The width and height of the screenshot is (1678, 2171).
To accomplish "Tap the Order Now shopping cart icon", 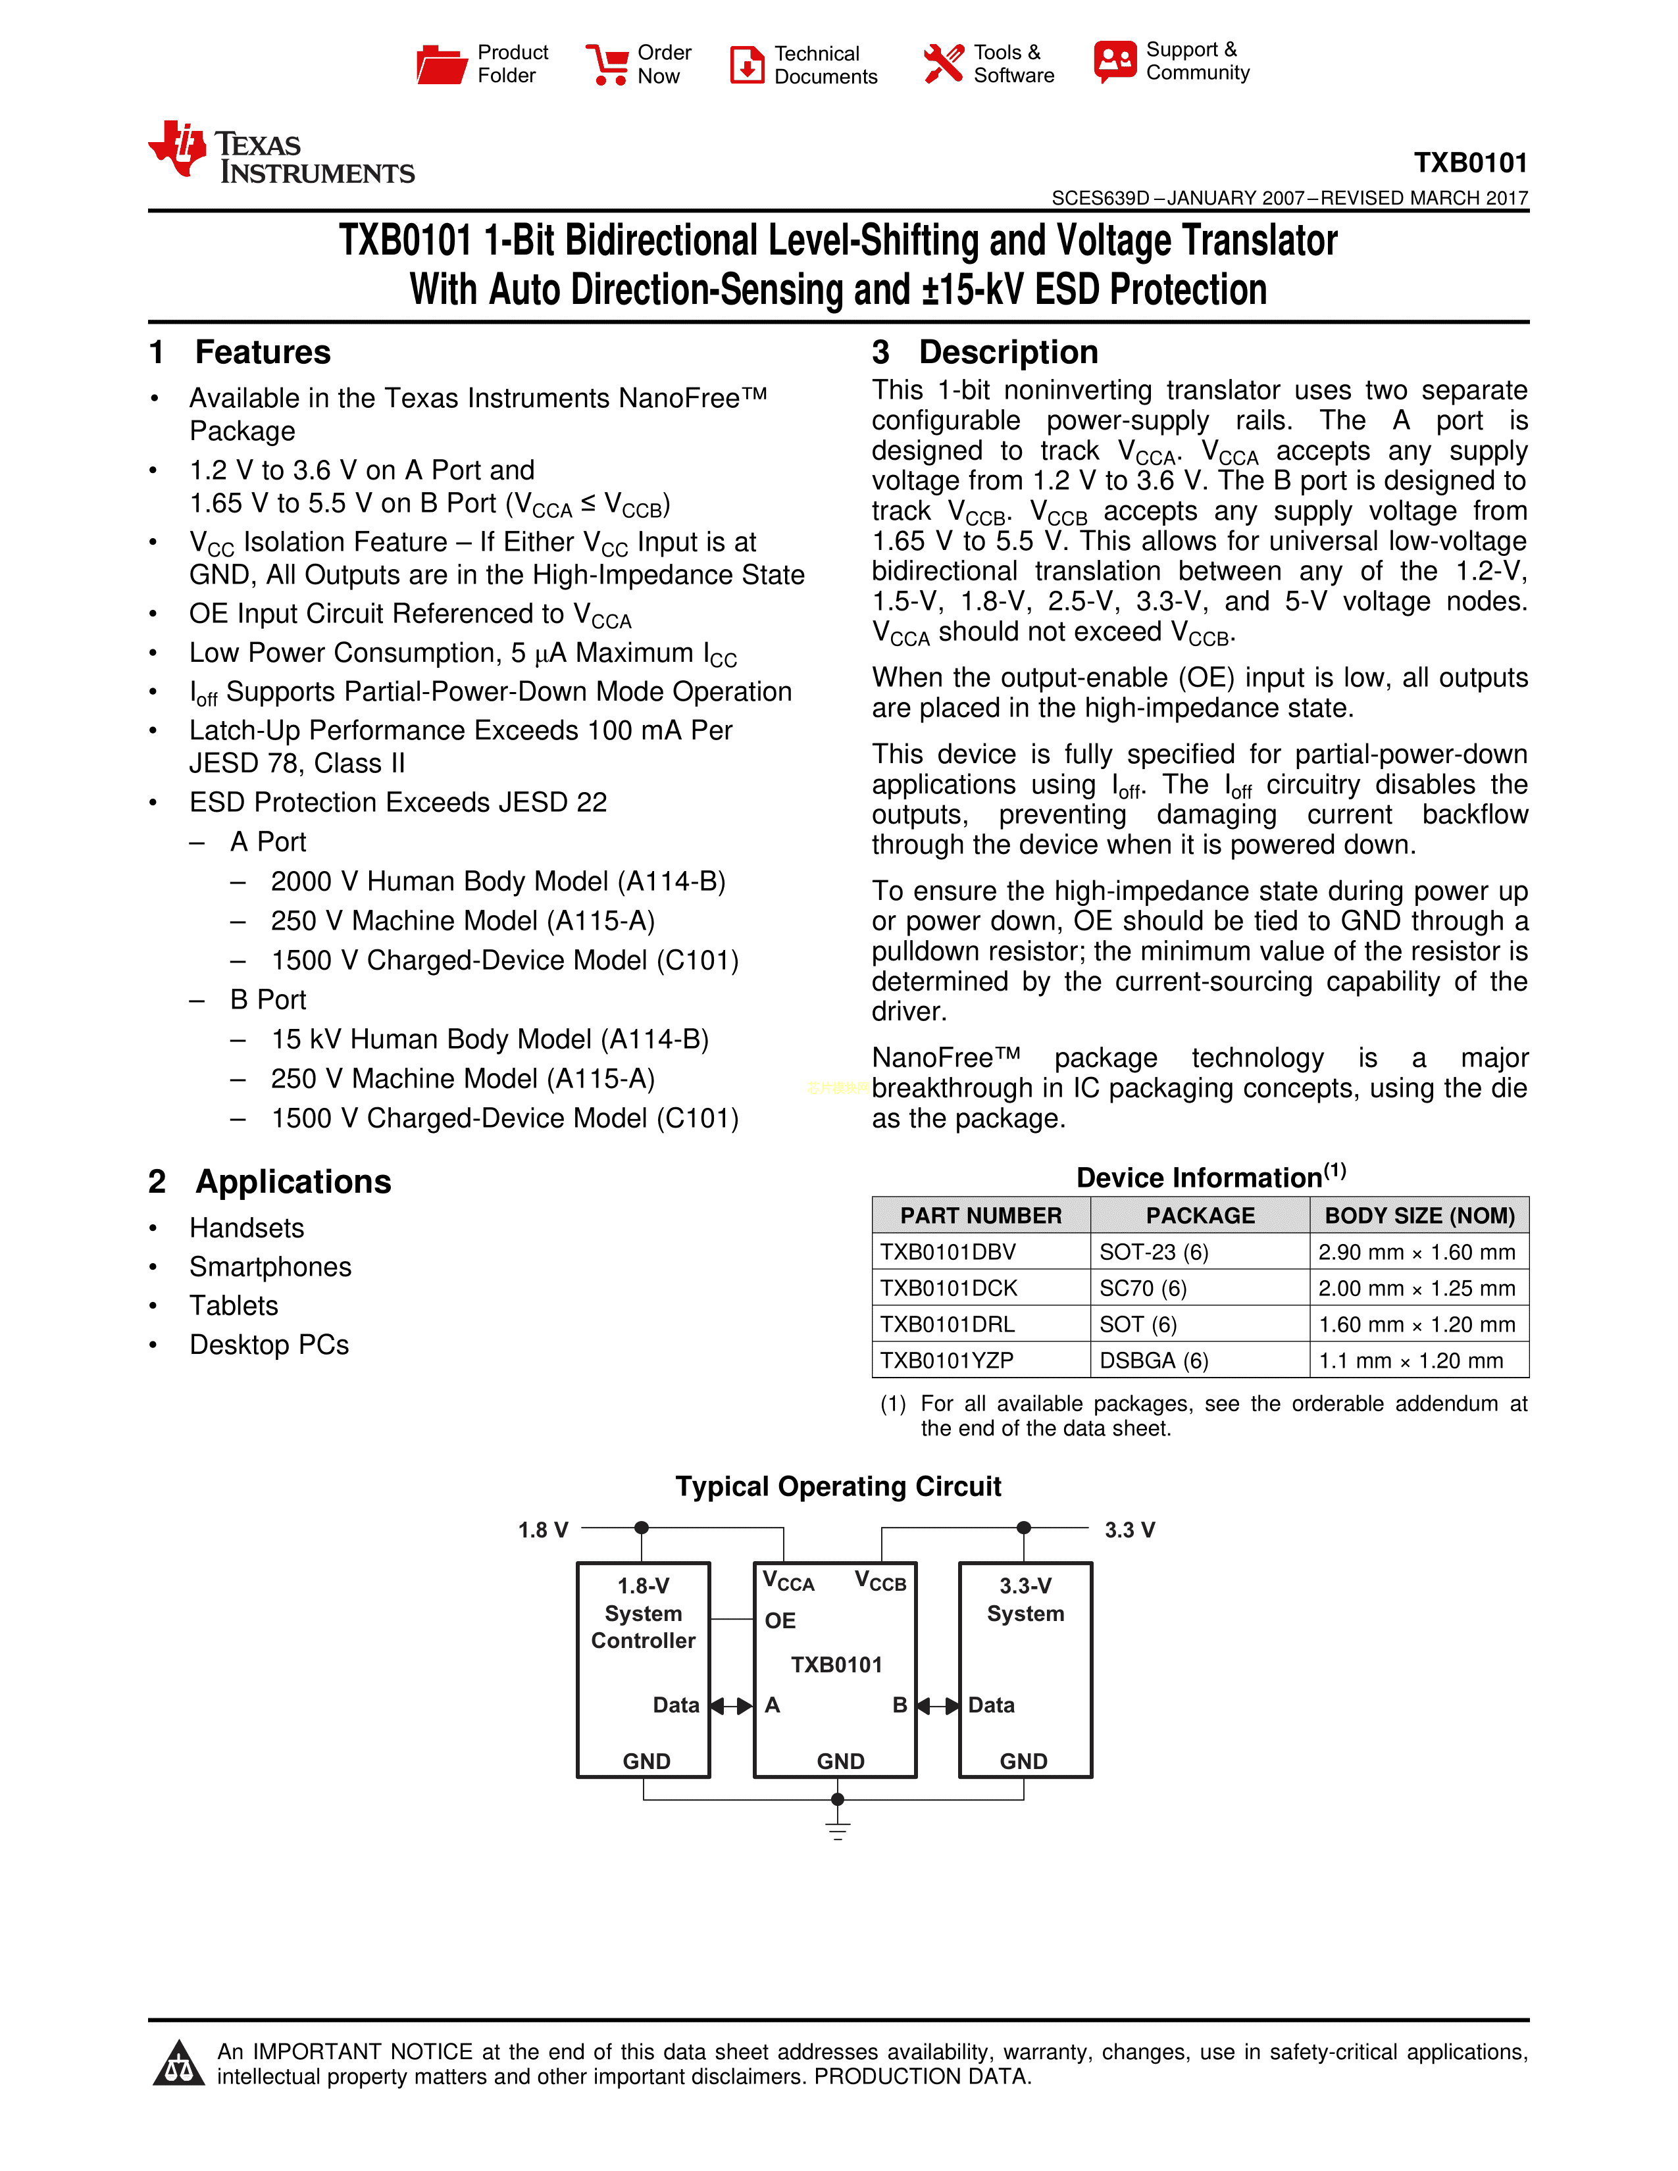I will pyautogui.click(x=607, y=64).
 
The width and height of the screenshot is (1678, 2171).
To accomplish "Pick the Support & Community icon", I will pyautogui.click(x=1114, y=62).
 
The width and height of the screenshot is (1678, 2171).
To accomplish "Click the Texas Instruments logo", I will pyautogui.click(x=282, y=153).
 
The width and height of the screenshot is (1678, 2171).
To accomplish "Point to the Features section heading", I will pyautogui.click(x=263, y=353).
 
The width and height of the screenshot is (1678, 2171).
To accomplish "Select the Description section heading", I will pyautogui.click(x=1008, y=353).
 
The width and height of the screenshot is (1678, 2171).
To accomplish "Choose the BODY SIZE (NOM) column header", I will pyautogui.click(x=1419, y=1216).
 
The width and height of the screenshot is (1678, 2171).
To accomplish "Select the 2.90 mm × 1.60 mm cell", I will pyautogui.click(x=1417, y=1253).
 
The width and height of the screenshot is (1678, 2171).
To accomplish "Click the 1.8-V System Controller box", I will pyautogui.click(x=643, y=1670).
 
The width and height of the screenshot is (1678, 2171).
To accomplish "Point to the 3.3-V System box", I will pyautogui.click(x=1025, y=1670).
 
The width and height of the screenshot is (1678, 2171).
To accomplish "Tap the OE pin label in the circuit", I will pyautogui.click(x=780, y=1621).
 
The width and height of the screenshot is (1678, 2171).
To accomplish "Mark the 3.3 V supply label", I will pyautogui.click(x=1129, y=1530).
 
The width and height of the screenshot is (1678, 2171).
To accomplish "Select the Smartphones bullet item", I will pyautogui.click(x=270, y=1268).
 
